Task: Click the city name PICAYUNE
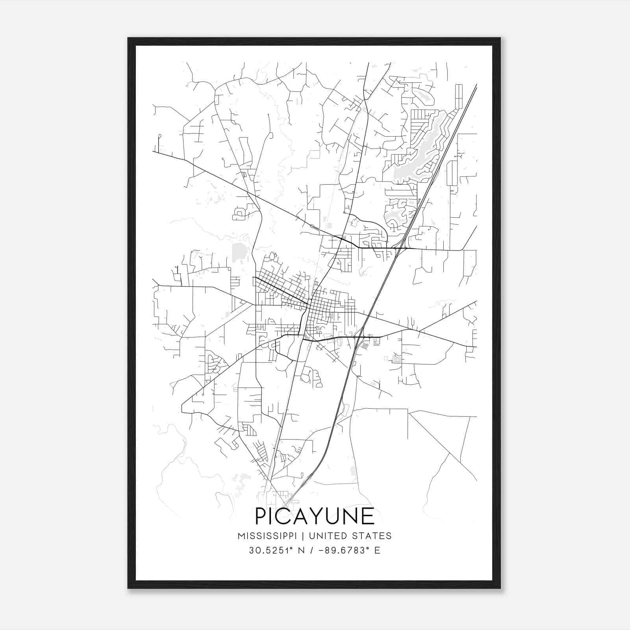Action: (315, 516)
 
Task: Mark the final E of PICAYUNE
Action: (368, 516)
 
